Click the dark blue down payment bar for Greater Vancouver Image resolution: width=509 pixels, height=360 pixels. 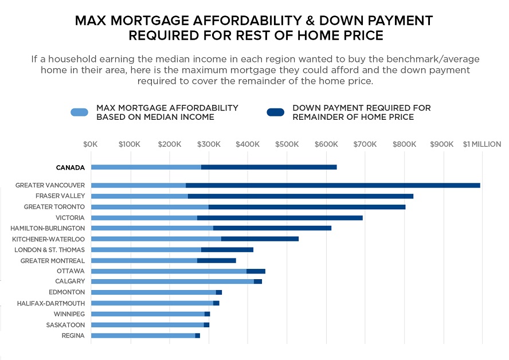[332, 185]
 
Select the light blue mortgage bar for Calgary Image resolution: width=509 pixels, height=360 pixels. [172, 281]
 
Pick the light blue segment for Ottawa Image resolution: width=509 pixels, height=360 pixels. [169, 271]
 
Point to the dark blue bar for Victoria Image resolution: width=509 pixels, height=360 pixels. [280, 218]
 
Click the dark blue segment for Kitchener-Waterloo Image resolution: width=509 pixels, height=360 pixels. [260, 238]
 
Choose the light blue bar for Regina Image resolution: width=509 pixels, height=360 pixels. [143, 335]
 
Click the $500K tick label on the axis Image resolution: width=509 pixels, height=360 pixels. [287, 144]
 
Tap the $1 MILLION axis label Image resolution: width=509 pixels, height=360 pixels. [482, 144]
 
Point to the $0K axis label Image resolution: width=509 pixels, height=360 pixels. [91, 144]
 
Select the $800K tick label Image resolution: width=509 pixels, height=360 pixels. [404, 144]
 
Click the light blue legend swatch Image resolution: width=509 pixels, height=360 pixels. [79, 112]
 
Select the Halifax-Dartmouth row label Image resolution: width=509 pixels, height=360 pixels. [51, 303]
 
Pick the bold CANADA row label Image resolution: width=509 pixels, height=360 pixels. [70, 168]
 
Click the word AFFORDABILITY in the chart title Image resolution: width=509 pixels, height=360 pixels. [225, 21]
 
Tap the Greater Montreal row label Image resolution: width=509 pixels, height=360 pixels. [52, 261]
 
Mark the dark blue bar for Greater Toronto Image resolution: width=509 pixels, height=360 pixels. [307, 207]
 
